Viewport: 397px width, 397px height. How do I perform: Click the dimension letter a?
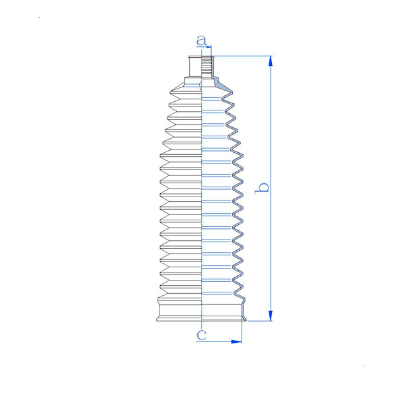202,40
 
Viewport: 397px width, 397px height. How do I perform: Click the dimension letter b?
261,188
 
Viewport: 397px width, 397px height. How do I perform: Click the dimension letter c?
202,335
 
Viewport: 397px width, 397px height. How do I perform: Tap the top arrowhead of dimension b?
271,61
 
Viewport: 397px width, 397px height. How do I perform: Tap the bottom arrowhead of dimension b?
271,316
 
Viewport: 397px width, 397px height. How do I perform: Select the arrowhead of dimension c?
237,342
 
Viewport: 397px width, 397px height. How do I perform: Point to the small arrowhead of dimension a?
209,47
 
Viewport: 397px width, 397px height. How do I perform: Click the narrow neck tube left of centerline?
195,66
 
